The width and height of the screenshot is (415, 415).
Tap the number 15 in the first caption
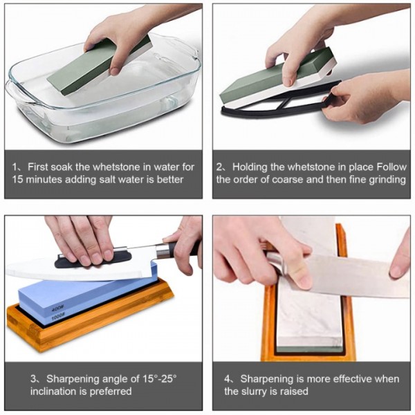coord(19,180)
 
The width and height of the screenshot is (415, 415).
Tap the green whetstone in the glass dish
coord(97,66)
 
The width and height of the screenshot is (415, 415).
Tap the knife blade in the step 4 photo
coord(353,273)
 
